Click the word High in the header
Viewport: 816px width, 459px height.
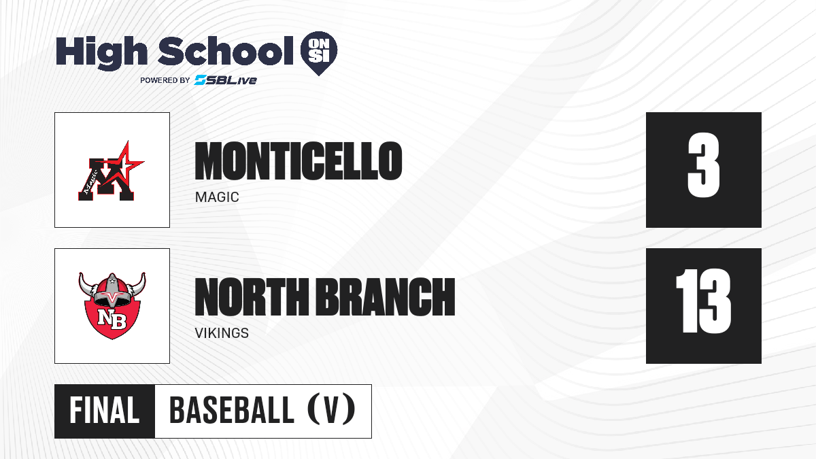[x=101, y=52]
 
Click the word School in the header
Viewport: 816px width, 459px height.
[x=226, y=50]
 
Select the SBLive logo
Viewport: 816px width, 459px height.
[x=226, y=80]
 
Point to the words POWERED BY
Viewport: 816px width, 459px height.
[x=165, y=80]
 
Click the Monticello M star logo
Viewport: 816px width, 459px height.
[x=111, y=171]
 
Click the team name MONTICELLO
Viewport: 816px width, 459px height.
[x=299, y=161]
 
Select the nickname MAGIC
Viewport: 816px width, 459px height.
[x=217, y=197]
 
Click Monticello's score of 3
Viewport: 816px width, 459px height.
[x=703, y=165]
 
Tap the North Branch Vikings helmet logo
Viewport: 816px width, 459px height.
[x=112, y=306]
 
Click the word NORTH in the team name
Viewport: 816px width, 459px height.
[x=252, y=296]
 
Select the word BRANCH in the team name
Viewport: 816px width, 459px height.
[x=386, y=296]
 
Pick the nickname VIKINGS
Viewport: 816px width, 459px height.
[x=222, y=333]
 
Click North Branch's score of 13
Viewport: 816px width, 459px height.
[x=703, y=301]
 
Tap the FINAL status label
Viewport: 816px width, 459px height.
[x=105, y=411]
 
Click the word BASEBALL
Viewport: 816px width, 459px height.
[x=231, y=410]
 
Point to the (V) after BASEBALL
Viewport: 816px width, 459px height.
[x=331, y=409]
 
